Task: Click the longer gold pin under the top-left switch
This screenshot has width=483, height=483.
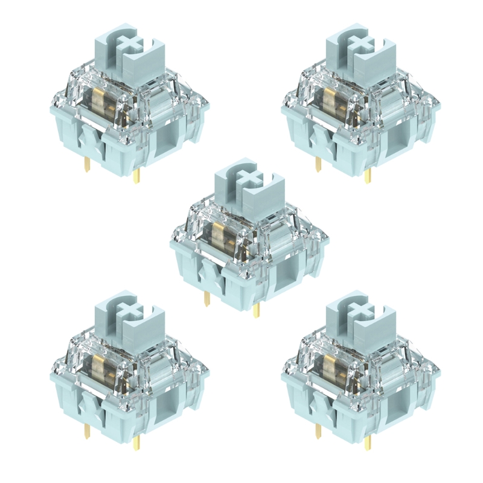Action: click(x=136, y=175)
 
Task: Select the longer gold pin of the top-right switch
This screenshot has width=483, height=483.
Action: click(x=369, y=175)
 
